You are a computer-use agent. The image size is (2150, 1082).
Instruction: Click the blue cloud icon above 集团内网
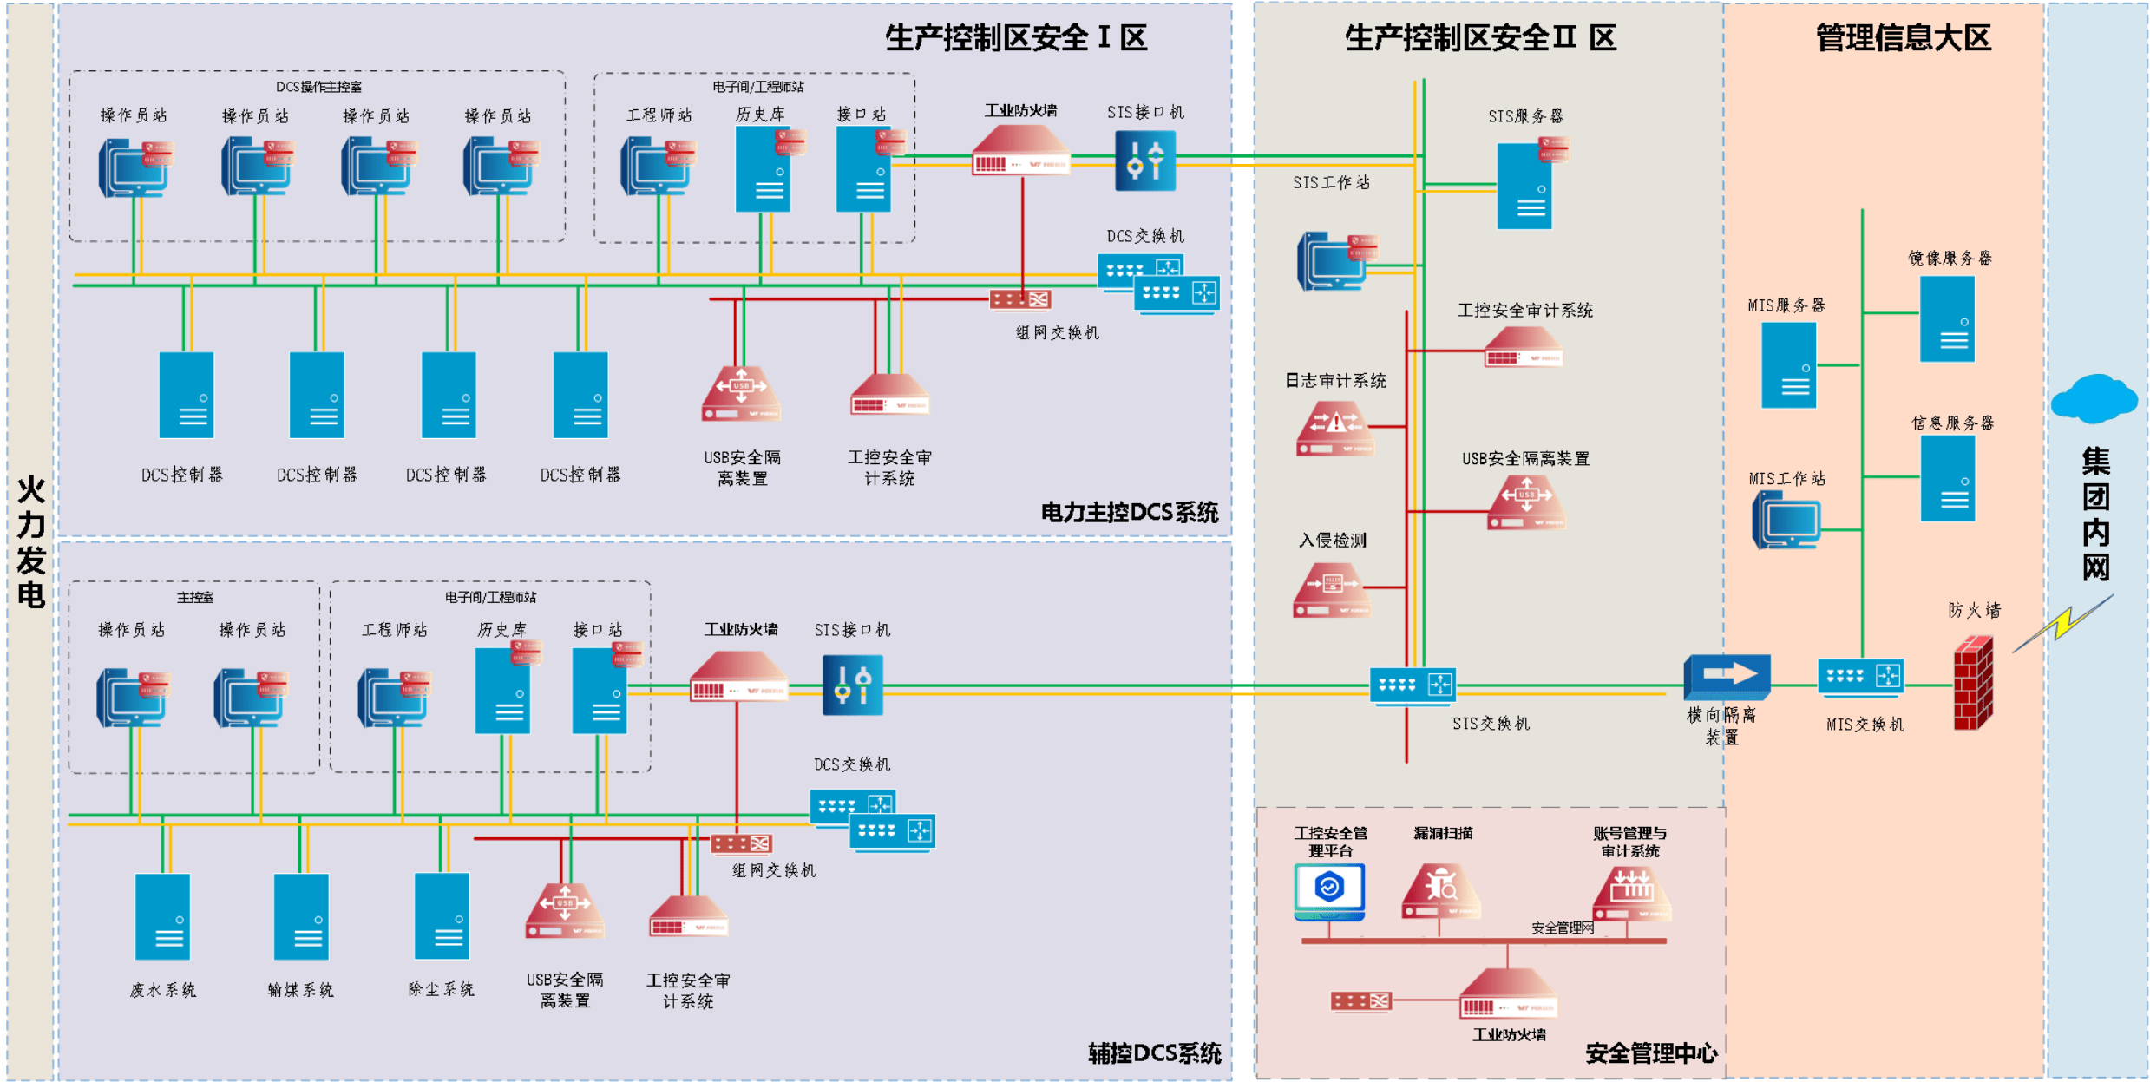point(2094,399)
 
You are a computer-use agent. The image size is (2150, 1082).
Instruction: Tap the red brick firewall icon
point(1973,683)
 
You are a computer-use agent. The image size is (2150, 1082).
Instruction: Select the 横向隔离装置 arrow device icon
point(1726,677)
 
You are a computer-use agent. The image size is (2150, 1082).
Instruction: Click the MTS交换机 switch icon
point(1860,678)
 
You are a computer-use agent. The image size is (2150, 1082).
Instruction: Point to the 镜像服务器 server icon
point(1947,318)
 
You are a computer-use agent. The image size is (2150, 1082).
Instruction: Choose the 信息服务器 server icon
point(1947,478)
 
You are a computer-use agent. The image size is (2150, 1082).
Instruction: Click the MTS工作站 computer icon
point(1786,520)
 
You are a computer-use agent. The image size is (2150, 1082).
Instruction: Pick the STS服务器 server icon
point(1524,187)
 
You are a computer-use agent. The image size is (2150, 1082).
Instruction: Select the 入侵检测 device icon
point(1332,590)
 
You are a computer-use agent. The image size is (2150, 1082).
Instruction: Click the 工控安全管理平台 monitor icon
point(1329,890)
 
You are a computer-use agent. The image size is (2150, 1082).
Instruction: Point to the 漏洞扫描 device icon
point(1440,890)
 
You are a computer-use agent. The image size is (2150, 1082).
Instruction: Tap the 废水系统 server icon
point(162,916)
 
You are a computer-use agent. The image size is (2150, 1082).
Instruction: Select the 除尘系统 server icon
point(442,916)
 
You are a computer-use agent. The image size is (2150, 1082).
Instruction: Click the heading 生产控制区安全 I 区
point(1015,38)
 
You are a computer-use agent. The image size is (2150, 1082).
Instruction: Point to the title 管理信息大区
point(1903,38)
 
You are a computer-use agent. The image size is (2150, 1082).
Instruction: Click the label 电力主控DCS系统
point(1129,513)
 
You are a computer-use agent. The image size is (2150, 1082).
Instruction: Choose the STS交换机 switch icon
point(1412,685)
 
